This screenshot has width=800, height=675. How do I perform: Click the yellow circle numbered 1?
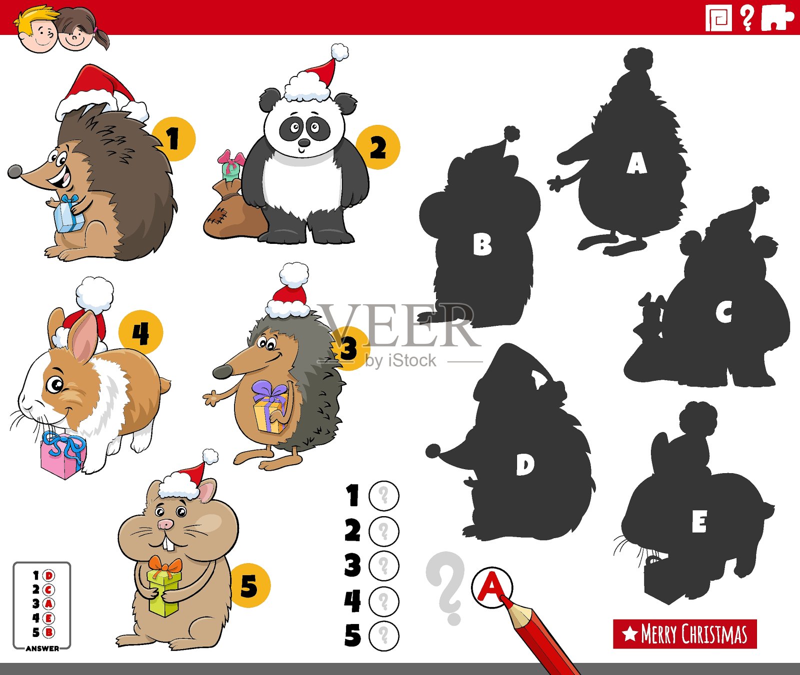click(173, 139)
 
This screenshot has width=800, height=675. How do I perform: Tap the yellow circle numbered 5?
click(249, 586)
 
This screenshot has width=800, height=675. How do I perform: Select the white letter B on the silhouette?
click(482, 245)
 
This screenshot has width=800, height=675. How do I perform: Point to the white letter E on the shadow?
click(699, 523)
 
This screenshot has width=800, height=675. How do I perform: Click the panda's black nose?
click(304, 143)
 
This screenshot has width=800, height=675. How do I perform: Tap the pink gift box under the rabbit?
click(61, 457)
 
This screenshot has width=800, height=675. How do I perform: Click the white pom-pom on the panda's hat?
click(339, 52)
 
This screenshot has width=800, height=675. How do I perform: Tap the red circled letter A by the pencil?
click(491, 587)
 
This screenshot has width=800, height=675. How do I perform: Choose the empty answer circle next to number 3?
click(383, 566)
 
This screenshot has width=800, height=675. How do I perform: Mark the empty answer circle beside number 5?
click(383, 636)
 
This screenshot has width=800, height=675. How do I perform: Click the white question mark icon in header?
click(747, 18)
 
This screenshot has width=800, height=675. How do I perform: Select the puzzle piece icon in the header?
click(776, 18)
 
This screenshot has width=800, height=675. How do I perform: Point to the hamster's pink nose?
click(165, 524)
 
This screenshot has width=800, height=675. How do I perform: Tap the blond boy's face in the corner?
click(40, 33)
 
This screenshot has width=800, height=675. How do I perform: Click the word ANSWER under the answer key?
click(42, 649)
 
